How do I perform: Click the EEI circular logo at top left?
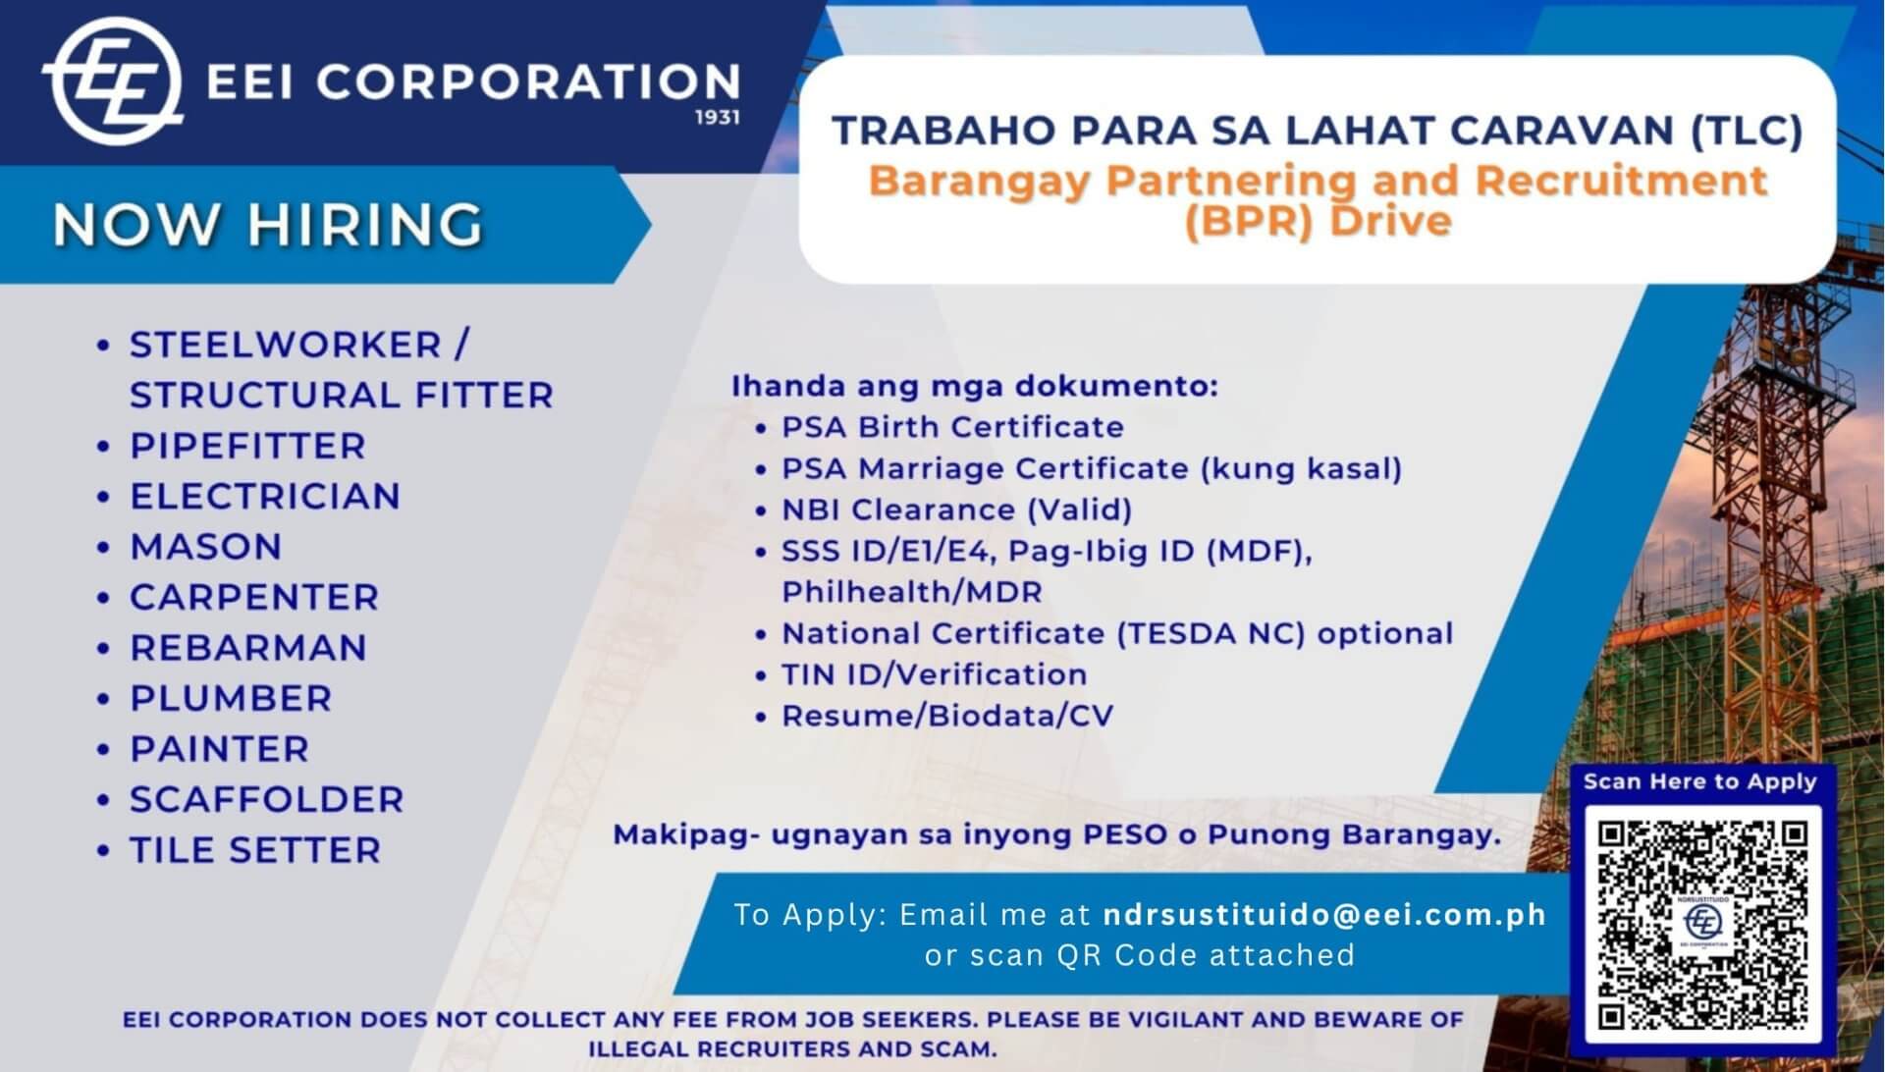point(112,81)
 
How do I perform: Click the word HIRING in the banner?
point(365,225)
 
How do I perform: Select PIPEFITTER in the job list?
point(247,446)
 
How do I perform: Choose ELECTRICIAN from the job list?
point(265,497)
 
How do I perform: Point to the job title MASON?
point(206,547)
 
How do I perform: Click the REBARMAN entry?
point(248,648)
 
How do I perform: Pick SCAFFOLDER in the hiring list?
point(267,799)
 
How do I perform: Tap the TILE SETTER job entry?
point(255,850)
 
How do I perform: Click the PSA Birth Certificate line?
point(952,427)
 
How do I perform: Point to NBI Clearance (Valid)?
point(956,509)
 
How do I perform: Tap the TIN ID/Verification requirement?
point(934,674)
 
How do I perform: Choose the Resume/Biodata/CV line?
point(947,716)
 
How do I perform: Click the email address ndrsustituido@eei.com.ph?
point(1324,914)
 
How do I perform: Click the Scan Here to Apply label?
point(1699,781)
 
